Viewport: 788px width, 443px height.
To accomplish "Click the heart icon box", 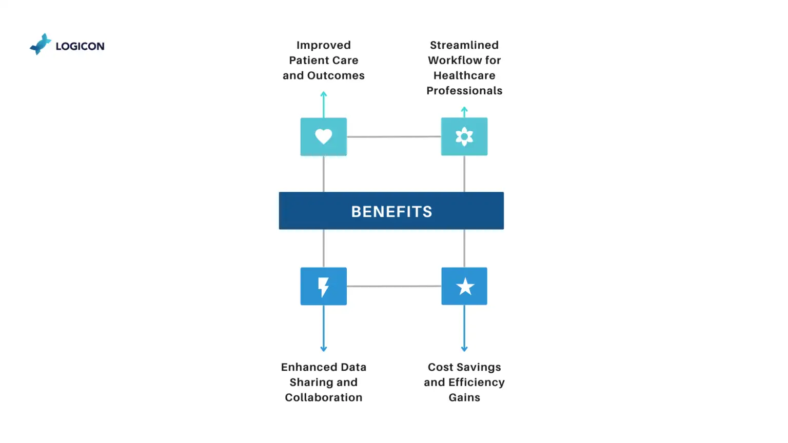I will click(x=323, y=137).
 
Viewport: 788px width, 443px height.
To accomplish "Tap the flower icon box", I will click(x=464, y=137).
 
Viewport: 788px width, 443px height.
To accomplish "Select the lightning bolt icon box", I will click(x=323, y=286).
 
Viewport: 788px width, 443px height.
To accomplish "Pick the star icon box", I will click(x=464, y=286).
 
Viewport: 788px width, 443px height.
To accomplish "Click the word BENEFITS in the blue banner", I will click(x=391, y=211).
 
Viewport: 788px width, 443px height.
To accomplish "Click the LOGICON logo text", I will click(x=80, y=46).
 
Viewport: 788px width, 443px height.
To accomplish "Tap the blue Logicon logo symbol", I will click(x=41, y=44).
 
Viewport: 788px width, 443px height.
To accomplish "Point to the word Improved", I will click(x=323, y=45).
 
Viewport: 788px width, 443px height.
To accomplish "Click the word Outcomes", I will click(x=336, y=75).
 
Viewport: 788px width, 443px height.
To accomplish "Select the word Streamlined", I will click(x=464, y=45).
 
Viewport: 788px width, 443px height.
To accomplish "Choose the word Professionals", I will click(x=464, y=91).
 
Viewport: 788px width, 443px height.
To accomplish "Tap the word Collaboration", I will click(x=323, y=397).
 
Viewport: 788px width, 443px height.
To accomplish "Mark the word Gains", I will click(x=464, y=397).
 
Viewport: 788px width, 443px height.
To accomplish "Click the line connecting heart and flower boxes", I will click(x=393, y=137).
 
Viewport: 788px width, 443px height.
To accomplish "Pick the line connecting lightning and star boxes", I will click(x=393, y=286).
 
